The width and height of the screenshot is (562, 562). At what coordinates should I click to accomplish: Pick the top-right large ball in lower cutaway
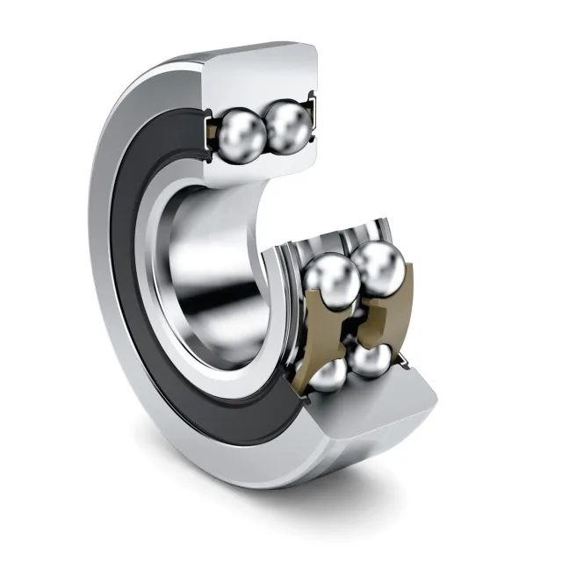[x=378, y=268]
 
